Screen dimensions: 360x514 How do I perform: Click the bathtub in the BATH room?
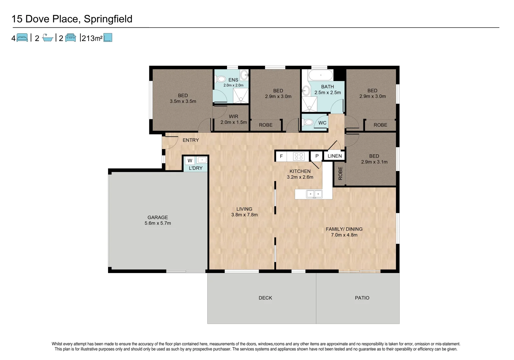click(320, 75)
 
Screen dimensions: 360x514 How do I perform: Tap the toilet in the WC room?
click(308, 122)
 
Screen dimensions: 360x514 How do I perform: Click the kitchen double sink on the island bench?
click(314, 194)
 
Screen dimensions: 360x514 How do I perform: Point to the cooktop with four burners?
click(299, 156)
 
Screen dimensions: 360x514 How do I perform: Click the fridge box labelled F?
click(281, 156)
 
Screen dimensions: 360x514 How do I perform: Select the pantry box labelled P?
click(317, 156)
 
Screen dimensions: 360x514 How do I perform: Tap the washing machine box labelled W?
click(190, 160)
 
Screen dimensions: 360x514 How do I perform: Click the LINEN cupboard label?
click(335, 156)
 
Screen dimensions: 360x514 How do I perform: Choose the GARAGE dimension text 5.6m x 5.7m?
click(158, 223)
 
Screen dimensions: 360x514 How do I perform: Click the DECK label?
click(265, 298)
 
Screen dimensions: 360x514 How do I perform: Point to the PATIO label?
click(362, 298)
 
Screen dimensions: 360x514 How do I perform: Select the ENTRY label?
click(191, 140)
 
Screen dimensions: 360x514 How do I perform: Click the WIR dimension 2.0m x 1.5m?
click(234, 122)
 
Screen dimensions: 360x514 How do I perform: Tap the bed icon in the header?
click(22, 38)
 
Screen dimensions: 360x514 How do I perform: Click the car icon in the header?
click(70, 38)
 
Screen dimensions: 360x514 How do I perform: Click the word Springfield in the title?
click(108, 19)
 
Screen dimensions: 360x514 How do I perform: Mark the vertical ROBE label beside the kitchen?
click(340, 173)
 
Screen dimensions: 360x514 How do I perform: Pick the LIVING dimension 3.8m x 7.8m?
click(244, 215)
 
